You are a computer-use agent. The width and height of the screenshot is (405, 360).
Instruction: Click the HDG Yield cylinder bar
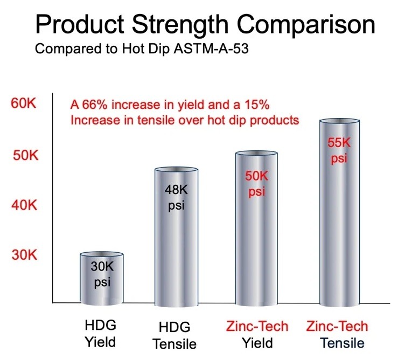[102, 280]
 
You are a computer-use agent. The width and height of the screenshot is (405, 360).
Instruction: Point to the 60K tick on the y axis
[24, 103]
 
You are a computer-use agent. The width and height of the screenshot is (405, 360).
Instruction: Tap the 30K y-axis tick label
[25, 254]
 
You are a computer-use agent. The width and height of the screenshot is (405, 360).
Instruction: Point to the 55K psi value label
[338, 151]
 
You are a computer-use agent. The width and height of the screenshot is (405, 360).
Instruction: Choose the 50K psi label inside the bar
[256, 184]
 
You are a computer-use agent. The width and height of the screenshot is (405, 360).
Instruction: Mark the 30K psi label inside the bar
[102, 273]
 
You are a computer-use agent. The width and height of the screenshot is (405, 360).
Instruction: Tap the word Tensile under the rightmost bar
[338, 343]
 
